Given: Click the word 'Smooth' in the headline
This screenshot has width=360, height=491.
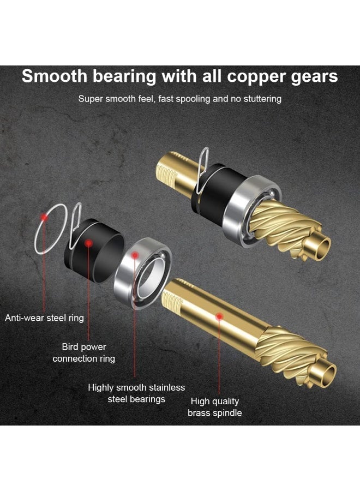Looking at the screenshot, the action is [55, 76].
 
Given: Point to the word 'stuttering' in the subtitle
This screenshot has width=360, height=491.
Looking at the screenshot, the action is [262, 99].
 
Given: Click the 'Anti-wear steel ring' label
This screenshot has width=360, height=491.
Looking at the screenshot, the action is [44, 318].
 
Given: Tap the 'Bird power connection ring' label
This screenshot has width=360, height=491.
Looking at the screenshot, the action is [83, 352].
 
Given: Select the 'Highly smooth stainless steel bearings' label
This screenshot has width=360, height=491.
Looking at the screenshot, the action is [136, 393].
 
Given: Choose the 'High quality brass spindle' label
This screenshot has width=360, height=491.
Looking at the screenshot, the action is [215, 407].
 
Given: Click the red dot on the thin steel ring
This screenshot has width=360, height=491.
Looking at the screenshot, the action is [44, 217].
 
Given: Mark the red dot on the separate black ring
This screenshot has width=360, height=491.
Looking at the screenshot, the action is [89, 243].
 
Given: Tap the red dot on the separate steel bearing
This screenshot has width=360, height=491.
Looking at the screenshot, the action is [135, 255].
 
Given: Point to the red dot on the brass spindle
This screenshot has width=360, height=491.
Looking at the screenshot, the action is [219, 316].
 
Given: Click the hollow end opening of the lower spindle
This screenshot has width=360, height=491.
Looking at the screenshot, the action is [329, 374].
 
